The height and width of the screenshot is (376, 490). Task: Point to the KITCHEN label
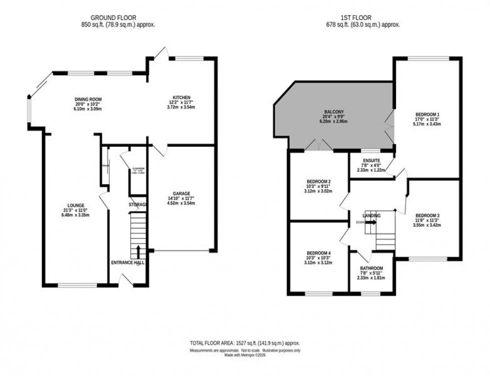182,97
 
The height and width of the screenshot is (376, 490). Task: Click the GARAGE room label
182,194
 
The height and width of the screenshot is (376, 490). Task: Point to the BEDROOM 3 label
427,215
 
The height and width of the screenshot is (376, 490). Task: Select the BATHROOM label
371,268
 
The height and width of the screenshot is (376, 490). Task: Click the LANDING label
371,215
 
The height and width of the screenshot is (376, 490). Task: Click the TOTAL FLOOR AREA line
245,343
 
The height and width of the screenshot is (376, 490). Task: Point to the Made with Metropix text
245,355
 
